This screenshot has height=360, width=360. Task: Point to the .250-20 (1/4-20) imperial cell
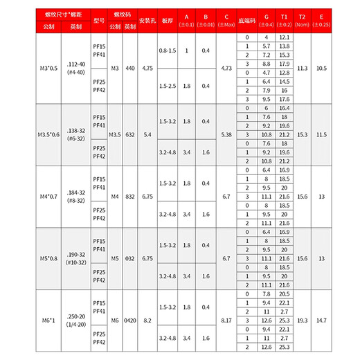coord(75,323)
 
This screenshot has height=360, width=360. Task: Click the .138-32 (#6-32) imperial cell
coord(75,134)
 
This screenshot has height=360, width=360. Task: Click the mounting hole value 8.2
coord(147,323)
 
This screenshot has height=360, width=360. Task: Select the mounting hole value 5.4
coord(147,134)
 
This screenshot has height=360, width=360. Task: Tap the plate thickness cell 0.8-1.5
coord(168,51)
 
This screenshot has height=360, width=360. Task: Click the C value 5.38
coord(227,134)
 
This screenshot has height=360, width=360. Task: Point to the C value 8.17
coord(227,323)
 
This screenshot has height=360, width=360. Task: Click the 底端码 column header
coord(246,20)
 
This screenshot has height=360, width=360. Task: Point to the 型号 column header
coord(98,20)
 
